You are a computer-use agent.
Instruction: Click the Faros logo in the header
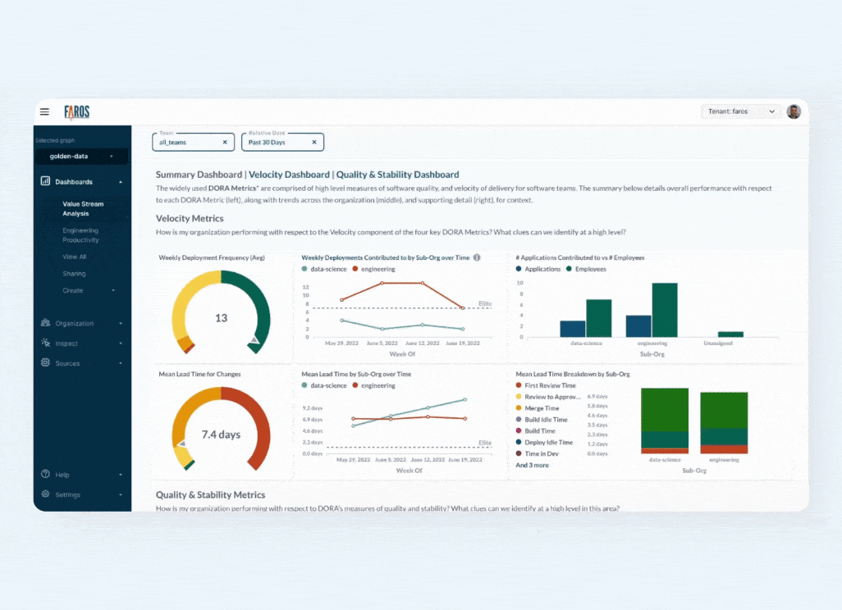pyautogui.click(x=76, y=112)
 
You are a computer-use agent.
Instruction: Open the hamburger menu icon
pyautogui.click(x=44, y=112)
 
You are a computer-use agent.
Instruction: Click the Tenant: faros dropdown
pyautogui.click(x=740, y=112)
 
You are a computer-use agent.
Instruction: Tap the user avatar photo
pyautogui.click(x=794, y=112)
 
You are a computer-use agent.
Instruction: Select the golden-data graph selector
pyautogui.click(x=81, y=156)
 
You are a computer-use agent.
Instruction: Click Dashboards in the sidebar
pyautogui.click(x=74, y=182)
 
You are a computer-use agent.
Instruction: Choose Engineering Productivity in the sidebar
pyautogui.click(x=80, y=235)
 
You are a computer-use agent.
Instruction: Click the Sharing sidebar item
pyautogui.click(x=74, y=274)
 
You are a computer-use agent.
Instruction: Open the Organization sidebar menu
pyautogui.click(x=75, y=324)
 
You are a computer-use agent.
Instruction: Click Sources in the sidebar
pyautogui.click(x=68, y=363)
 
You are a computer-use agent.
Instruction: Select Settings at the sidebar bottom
pyautogui.click(x=68, y=495)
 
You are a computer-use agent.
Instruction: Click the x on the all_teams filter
pyautogui.click(x=225, y=143)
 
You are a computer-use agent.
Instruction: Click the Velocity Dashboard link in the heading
pyautogui.click(x=291, y=175)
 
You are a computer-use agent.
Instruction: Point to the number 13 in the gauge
pyautogui.click(x=221, y=318)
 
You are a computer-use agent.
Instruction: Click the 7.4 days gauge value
pyautogui.click(x=221, y=435)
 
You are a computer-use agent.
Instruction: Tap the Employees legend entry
pyautogui.click(x=590, y=269)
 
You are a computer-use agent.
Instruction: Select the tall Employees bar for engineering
pyautogui.click(x=665, y=310)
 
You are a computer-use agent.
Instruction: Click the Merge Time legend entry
pyautogui.click(x=542, y=408)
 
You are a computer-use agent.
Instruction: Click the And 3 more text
pyautogui.click(x=532, y=465)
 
